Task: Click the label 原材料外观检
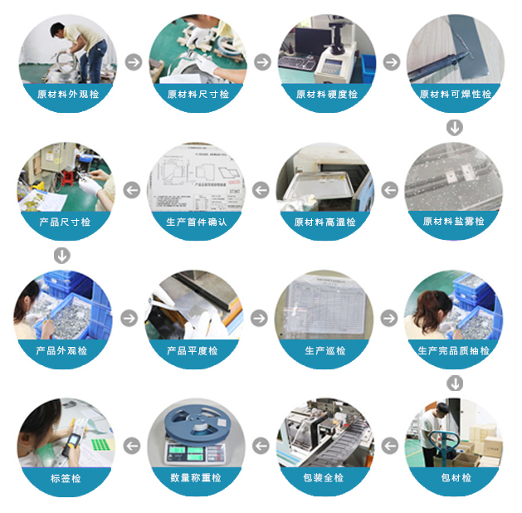tap(68, 95)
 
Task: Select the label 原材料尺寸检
tap(198, 95)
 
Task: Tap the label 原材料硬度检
tap(327, 95)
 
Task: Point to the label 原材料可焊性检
tap(456, 95)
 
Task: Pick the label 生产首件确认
tap(197, 222)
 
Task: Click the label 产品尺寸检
tap(65, 222)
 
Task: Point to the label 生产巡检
tap(325, 351)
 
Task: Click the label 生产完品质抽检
tap(454, 351)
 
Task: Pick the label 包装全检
tap(324, 478)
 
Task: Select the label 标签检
tap(66, 478)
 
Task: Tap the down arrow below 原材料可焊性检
tap(454, 127)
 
